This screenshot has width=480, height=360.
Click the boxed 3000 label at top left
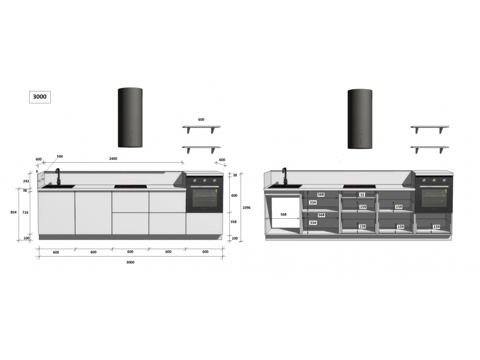(x=40, y=97)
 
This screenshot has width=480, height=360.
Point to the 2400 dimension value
(x=113, y=159)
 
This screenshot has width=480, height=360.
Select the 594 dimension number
(x=59, y=157)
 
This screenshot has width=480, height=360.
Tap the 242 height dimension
(x=26, y=181)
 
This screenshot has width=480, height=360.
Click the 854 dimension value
(x=14, y=212)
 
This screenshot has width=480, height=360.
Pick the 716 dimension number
(x=25, y=212)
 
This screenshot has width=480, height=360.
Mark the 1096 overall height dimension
(x=246, y=207)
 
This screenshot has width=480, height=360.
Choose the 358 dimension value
(x=234, y=222)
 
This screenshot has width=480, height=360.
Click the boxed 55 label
(x=362, y=194)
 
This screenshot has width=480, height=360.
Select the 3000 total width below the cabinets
(x=130, y=262)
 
